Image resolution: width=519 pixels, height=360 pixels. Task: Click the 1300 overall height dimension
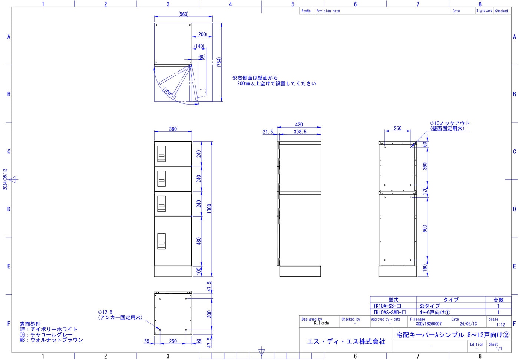[x=209, y=208]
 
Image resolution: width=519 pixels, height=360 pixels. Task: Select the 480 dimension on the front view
[x=199, y=241]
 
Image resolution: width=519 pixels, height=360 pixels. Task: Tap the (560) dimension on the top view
[x=183, y=14]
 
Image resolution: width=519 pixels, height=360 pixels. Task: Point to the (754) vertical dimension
[x=219, y=62]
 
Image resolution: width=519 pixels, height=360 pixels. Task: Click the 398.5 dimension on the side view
[x=300, y=132]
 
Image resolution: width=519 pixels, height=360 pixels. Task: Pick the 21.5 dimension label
[x=268, y=132]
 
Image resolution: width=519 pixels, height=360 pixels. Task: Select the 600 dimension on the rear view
[x=424, y=228]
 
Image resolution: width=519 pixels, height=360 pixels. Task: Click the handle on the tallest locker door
[x=162, y=241]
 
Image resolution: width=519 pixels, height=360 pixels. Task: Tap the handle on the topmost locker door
[x=162, y=153]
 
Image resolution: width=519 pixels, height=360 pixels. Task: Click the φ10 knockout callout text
[x=449, y=126]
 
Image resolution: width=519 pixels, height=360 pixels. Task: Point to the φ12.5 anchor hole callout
[x=120, y=315]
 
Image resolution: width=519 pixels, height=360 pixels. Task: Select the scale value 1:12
[x=500, y=324]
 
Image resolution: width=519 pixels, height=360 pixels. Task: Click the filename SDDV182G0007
[x=429, y=324]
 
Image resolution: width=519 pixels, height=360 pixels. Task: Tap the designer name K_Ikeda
[x=321, y=323]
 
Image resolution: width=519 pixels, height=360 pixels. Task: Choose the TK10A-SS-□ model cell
[x=387, y=306]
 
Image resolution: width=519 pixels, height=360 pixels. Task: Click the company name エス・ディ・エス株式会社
[x=346, y=341]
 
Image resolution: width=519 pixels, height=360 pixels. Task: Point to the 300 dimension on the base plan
[x=209, y=314]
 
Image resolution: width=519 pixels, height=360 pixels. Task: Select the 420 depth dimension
[x=299, y=125]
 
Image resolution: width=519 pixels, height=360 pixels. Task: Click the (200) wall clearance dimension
[x=202, y=34]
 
